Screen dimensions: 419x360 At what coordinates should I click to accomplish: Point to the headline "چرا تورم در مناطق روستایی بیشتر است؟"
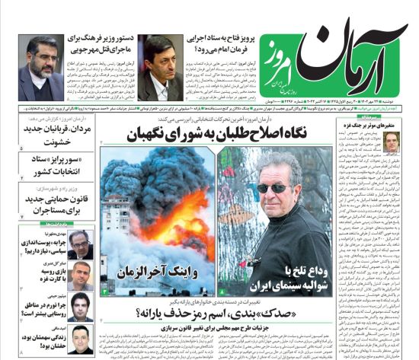pos(37,308)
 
